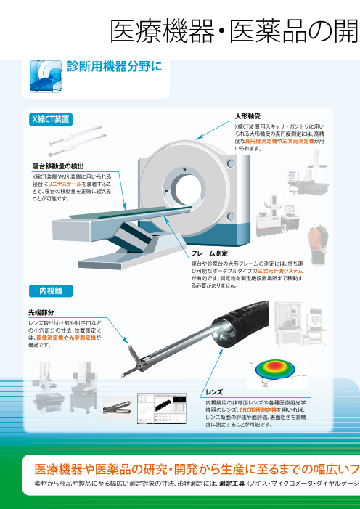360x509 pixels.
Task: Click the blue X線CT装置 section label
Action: point(51,118)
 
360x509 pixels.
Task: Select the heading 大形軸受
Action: point(247,116)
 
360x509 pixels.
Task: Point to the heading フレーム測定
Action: point(210,253)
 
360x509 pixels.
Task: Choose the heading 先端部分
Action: point(41,311)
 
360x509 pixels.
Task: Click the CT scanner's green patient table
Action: point(109,216)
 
